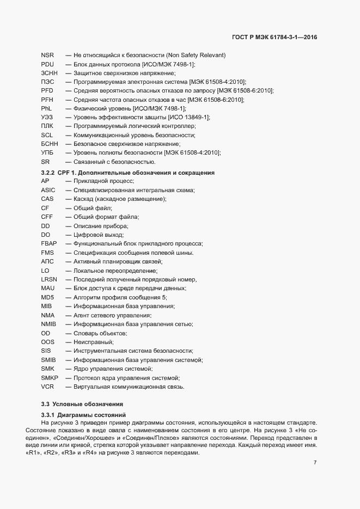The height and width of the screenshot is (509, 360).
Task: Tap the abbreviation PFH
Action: pos(46,100)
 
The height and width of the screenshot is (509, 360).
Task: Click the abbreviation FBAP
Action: pos(48,243)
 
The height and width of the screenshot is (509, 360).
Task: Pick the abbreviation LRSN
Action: pos(48,279)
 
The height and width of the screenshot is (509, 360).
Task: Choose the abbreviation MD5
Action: pos(47,297)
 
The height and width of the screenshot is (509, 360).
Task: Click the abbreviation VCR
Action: pos(47,387)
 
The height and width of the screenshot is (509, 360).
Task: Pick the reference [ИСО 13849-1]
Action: pos(189,118)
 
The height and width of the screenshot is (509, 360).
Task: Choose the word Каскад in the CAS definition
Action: pos(83,199)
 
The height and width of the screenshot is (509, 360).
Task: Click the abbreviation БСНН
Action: pos(49,144)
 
